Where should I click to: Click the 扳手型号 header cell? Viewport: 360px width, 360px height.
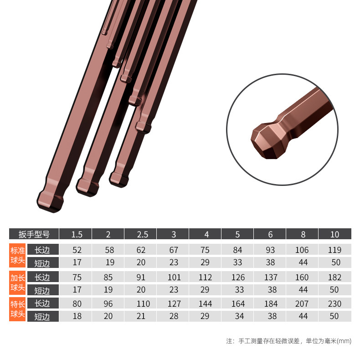34,234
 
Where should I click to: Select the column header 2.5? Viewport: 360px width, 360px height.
140,234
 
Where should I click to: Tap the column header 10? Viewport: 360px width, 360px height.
335,234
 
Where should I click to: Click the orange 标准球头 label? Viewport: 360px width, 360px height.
17,255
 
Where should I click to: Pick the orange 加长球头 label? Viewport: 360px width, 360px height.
17,283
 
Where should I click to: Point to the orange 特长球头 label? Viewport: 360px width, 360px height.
17,309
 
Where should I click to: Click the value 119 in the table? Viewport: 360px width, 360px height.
335,250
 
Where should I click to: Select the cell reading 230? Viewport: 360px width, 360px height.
335,303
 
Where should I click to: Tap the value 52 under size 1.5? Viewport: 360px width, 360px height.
77,250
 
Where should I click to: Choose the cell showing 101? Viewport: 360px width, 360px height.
174,277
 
